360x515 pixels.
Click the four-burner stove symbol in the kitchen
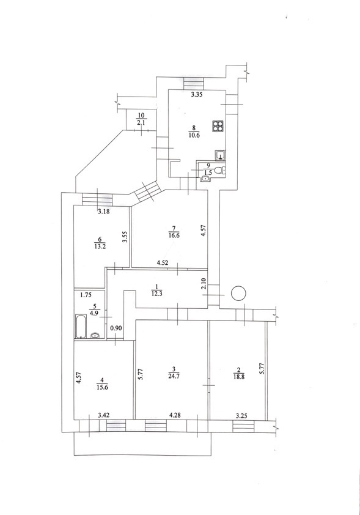pyautogui.click(x=218, y=126)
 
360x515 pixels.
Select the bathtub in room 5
pyautogui.click(x=81, y=326)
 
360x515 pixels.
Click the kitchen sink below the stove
pyautogui.click(x=220, y=155)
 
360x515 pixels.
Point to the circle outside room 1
pyautogui.click(x=238, y=293)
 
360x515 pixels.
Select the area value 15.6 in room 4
pyautogui.click(x=103, y=387)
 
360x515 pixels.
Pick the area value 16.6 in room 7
pyautogui.click(x=174, y=235)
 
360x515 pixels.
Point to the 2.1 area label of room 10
pyautogui.click(x=141, y=123)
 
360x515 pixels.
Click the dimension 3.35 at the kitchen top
pyautogui.click(x=197, y=95)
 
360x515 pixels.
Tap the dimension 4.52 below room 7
pyautogui.click(x=163, y=263)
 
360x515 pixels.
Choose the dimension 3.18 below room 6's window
pyautogui.click(x=104, y=212)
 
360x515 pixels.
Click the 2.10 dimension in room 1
pyautogui.click(x=204, y=283)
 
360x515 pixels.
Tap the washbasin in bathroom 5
pyautogui.click(x=95, y=335)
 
